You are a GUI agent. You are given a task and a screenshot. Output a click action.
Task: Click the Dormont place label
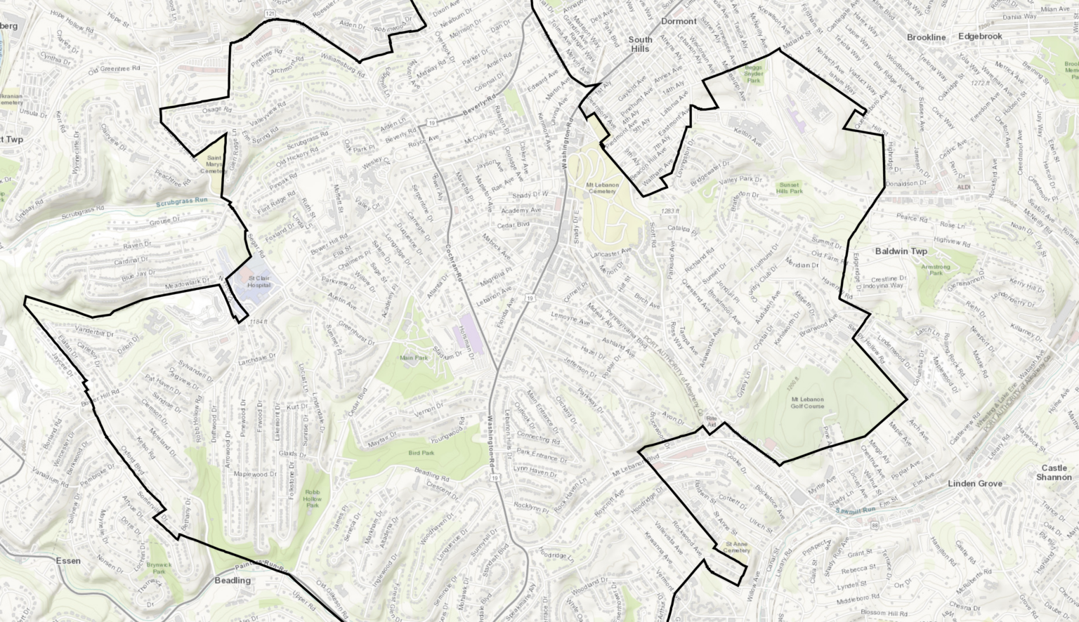tap(679, 21)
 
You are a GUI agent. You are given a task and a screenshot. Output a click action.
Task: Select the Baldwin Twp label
tap(901, 251)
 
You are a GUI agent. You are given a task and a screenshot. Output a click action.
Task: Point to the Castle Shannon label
tap(1054, 472)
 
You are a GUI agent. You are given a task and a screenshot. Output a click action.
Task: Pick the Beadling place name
tap(233, 581)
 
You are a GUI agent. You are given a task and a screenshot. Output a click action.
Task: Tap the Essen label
tap(67, 561)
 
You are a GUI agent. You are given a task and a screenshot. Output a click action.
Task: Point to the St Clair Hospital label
tap(259, 282)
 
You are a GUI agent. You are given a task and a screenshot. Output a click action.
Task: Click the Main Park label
tap(413, 358)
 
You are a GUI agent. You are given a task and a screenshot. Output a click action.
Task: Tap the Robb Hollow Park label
tap(313, 498)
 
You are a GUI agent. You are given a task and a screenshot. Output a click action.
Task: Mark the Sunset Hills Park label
tap(790, 188)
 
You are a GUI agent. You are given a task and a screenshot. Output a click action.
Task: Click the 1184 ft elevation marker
tap(259, 322)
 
